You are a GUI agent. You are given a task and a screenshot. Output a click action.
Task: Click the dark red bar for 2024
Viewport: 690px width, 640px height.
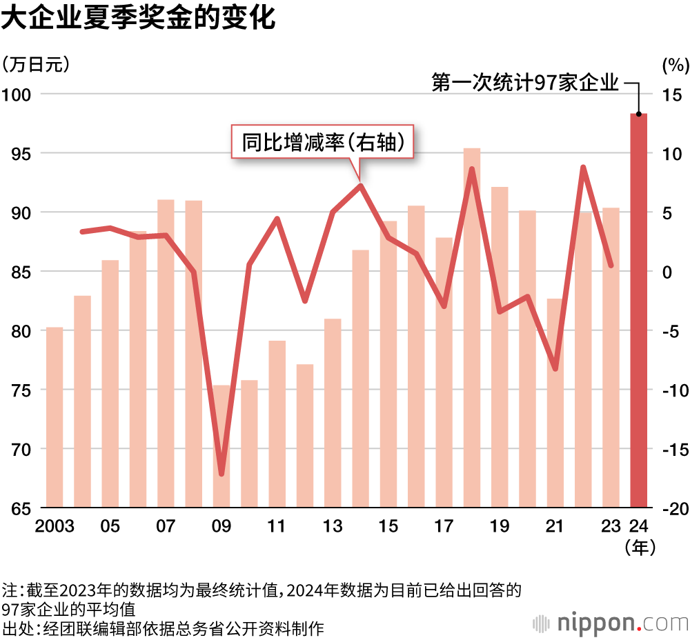tap(639, 310)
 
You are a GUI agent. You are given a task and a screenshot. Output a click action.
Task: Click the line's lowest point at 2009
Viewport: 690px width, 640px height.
tap(221, 474)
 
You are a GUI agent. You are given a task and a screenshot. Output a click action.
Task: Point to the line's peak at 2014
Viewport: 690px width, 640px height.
tap(361, 185)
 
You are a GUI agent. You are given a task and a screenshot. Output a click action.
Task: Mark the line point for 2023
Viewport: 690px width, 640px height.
tap(611, 266)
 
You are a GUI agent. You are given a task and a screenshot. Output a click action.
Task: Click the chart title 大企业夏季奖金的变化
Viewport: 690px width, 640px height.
tap(139, 19)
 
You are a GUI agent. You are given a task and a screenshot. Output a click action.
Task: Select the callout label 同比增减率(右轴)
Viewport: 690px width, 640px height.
tap(322, 142)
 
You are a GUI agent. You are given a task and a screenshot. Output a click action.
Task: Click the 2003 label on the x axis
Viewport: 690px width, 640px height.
tap(55, 527)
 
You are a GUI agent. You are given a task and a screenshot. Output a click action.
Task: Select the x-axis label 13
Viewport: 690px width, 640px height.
tap(333, 527)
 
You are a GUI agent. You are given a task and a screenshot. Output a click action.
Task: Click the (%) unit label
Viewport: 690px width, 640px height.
tap(674, 65)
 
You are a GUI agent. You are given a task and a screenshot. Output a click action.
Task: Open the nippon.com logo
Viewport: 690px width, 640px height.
tap(611, 622)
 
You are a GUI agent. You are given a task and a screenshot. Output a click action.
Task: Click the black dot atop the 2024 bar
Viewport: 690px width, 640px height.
tap(639, 114)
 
